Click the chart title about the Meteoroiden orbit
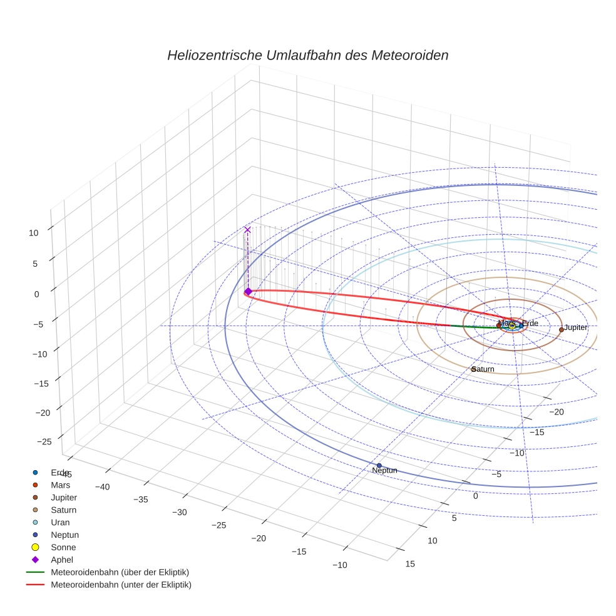(x=307, y=55)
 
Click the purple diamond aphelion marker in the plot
(x=248, y=291)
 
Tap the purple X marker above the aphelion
(x=247, y=230)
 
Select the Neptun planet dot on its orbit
(x=379, y=465)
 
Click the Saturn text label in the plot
(x=483, y=369)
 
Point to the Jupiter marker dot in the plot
(x=561, y=329)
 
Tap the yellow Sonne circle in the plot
(x=512, y=326)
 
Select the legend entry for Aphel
(x=63, y=560)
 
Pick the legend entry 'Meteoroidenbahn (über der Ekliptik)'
(x=120, y=572)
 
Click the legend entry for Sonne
(x=63, y=547)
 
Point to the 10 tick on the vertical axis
(x=33, y=232)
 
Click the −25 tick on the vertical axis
(x=44, y=441)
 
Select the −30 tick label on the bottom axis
(x=180, y=512)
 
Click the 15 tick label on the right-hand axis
(x=410, y=564)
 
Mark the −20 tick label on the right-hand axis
(x=557, y=411)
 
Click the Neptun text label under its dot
(x=384, y=470)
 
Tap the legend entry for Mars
(x=60, y=485)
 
